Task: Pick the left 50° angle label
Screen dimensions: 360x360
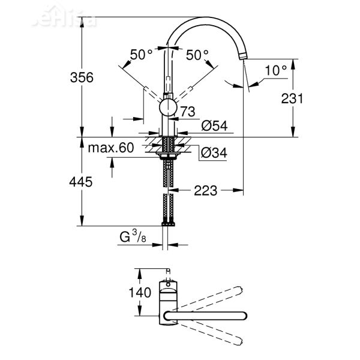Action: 142,55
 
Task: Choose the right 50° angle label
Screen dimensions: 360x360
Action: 197,55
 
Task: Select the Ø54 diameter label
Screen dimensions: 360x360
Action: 213,126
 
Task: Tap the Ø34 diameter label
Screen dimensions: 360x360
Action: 213,153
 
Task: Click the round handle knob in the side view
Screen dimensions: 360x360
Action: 168,108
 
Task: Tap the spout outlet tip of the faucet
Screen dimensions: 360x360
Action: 244,56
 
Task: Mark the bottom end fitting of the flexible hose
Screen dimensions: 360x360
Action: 168,224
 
